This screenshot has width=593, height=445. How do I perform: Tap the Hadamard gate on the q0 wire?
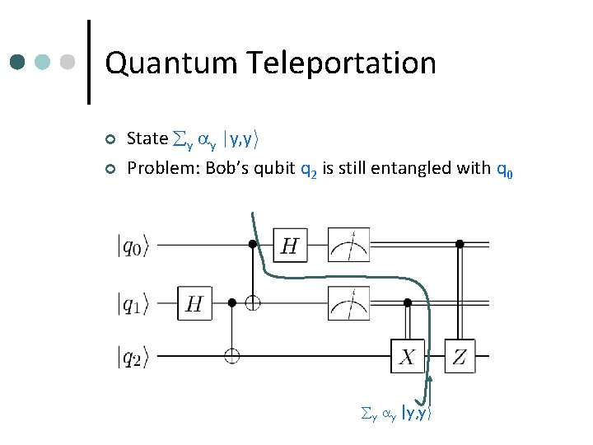pyautogui.click(x=291, y=245)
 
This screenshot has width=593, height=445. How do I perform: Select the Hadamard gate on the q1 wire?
pyautogui.click(x=194, y=304)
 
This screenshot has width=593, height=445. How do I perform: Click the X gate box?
pyautogui.click(x=408, y=356)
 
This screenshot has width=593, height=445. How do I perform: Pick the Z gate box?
pyautogui.click(x=460, y=356)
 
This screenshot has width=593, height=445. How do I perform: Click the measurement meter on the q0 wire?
pyautogui.click(x=348, y=245)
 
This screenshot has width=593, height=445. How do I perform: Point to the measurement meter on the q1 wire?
pyautogui.click(x=348, y=303)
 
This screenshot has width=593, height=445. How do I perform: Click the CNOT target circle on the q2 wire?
pyautogui.click(x=232, y=356)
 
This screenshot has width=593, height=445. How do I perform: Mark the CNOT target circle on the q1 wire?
pyautogui.click(x=253, y=303)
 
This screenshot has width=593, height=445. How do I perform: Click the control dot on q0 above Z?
pyautogui.click(x=460, y=244)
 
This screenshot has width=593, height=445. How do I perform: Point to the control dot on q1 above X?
pyautogui.click(x=408, y=303)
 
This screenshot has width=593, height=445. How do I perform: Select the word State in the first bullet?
pyautogui.click(x=147, y=138)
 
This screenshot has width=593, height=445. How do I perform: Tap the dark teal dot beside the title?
pyautogui.click(x=18, y=63)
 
